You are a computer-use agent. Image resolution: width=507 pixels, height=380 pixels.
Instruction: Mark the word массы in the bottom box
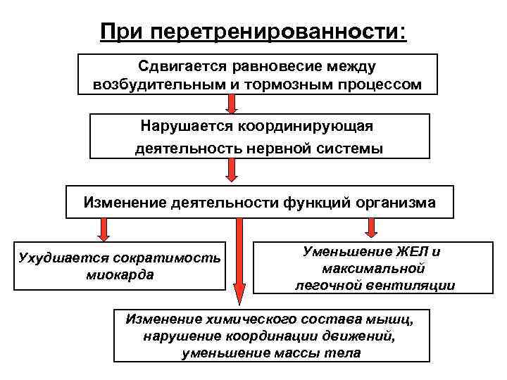306,353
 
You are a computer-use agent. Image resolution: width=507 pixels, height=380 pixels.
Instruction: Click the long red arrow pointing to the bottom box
239,260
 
